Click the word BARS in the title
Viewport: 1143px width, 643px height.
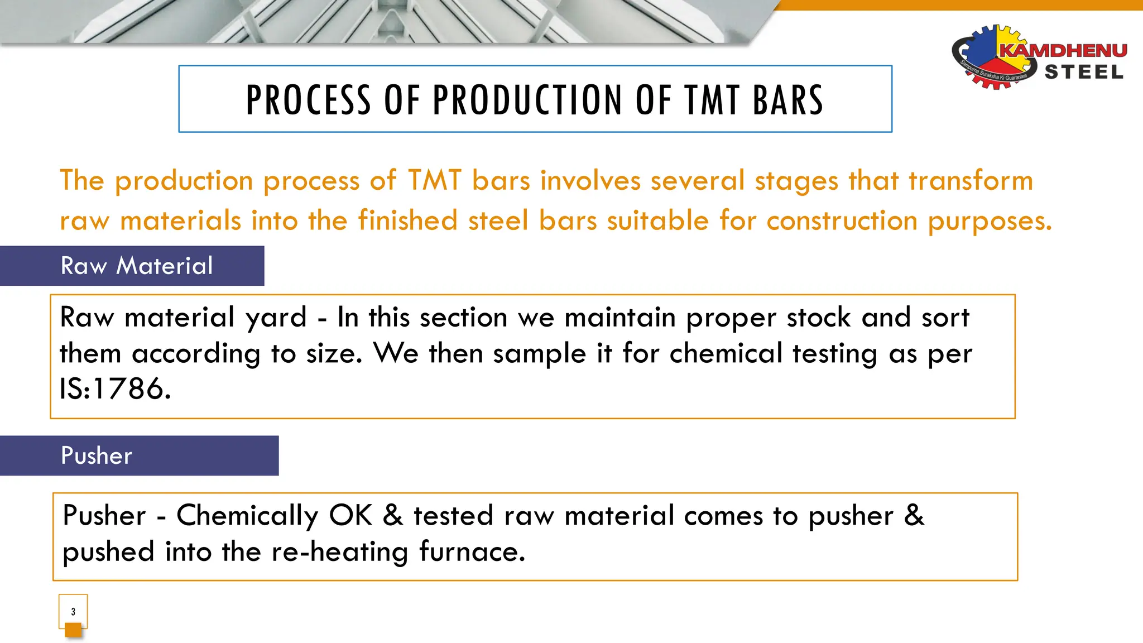tap(787, 100)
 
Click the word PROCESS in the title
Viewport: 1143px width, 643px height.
tap(309, 100)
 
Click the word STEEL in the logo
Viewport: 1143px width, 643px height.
tap(1084, 73)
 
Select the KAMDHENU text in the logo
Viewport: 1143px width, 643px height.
tap(1063, 50)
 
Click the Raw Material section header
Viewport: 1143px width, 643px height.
tap(137, 266)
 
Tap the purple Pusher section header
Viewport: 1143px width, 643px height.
tap(97, 455)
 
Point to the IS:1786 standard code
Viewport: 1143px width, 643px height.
tap(115, 388)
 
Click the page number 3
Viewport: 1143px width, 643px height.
tap(73, 612)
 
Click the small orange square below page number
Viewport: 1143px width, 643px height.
tap(73, 630)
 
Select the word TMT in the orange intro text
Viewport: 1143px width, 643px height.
tap(435, 180)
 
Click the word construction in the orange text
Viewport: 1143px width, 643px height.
tap(842, 220)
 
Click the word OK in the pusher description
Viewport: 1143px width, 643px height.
tap(350, 515)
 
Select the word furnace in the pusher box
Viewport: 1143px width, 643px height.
tap(472, 551)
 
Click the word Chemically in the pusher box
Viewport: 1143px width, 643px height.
tap(247, 516)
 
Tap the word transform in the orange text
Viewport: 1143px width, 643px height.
tap(971, 180)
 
